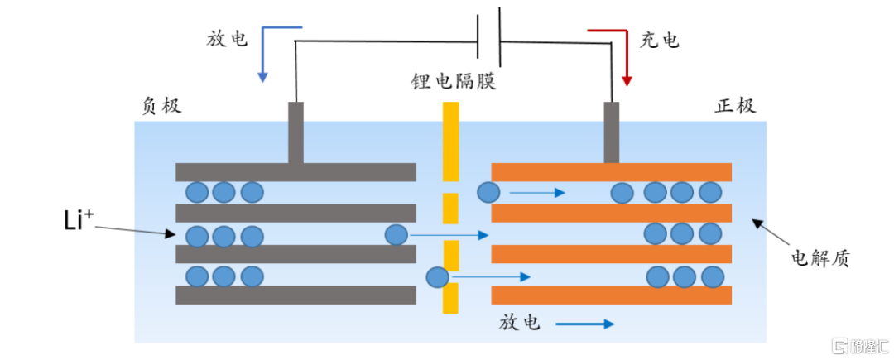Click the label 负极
pyautogui.click(x=161, y=106)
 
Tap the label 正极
pyautogui.click(x=735, y=106)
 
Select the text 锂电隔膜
pyautogui.click(x=454, y=81)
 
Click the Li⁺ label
pyautogui.click(x=79, y=222)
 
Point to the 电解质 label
pyautogui.click(x=819, y=258)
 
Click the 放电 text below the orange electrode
pyautogui.click(x=519, y=324)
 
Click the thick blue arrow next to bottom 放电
pyautogui.click(x=585, y=324)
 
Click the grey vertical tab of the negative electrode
pyautogui.click(x=296, y=132)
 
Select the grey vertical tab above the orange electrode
pyautogui.click(x=612, y=132)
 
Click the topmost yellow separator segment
pyautogui.click(x=450, y=140)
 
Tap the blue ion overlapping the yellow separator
pyautogui.click(x=438, y=277)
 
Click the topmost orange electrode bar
pyautogui.click(x=611, y=172)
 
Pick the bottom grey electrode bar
pyautogui.click(x=296, y=295)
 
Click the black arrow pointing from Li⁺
pyautogui.click(x=135, y=231)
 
